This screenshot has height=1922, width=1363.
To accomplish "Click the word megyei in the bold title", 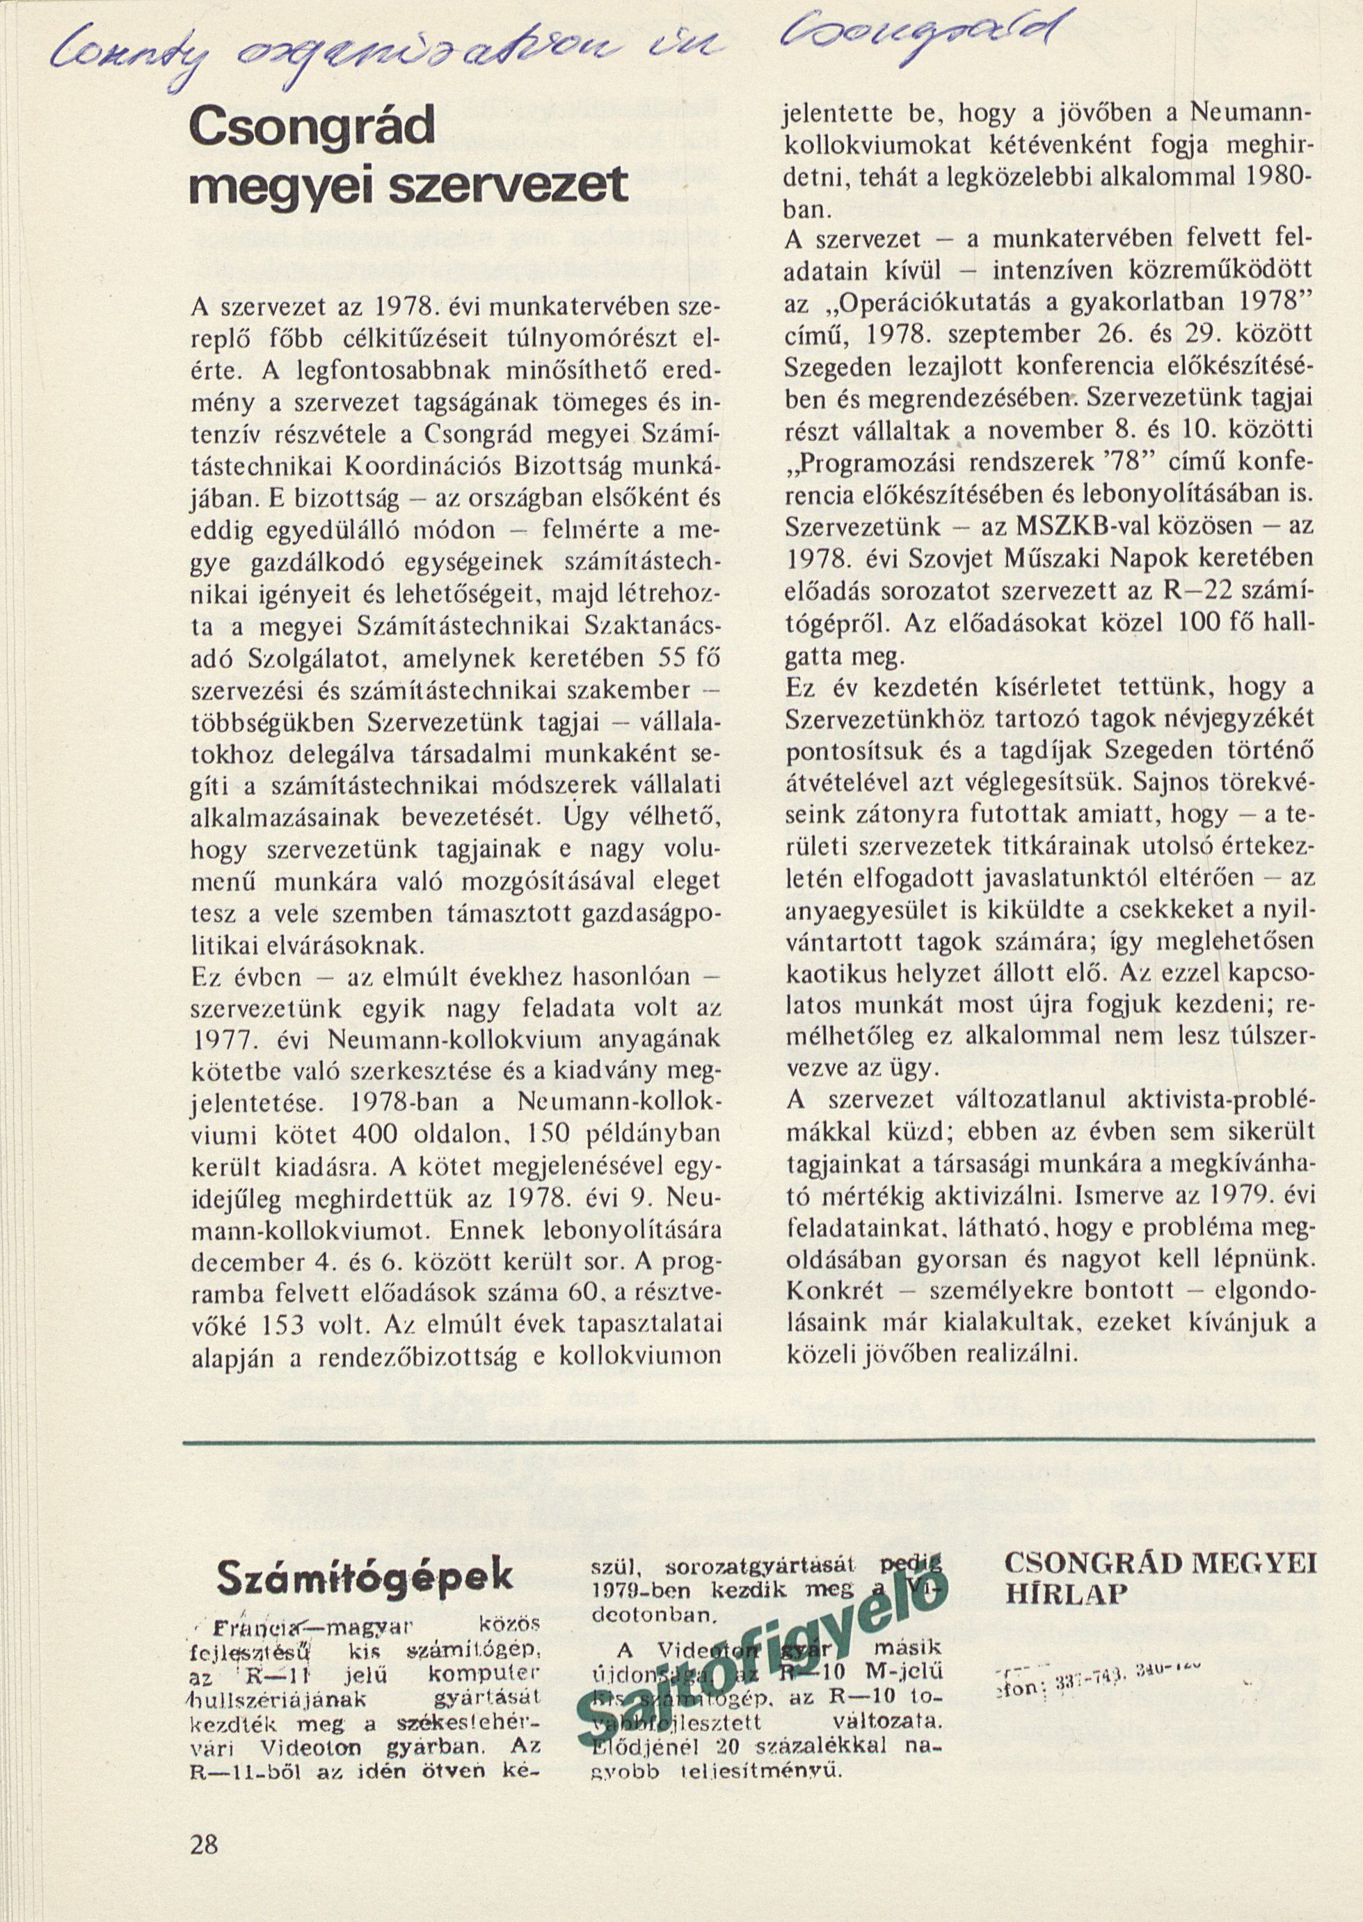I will point(259,184).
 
